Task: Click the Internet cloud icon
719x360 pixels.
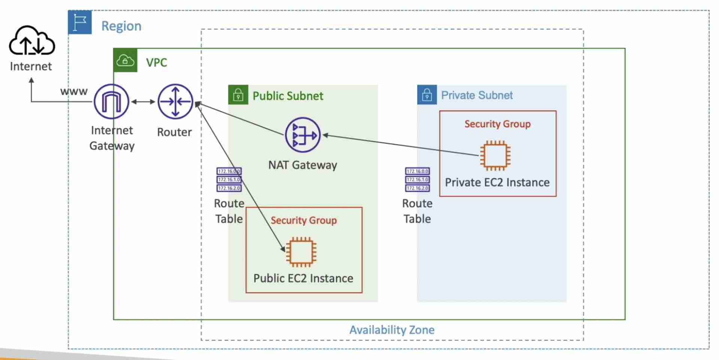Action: click(32, 40)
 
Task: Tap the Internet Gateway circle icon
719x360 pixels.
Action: click(111, 102)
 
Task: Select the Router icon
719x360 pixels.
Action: click(175, 102)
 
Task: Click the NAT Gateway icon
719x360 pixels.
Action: click(303, 135)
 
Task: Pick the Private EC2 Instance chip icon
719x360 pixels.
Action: click(495, 155)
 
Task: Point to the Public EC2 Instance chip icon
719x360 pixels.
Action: click(301, 252)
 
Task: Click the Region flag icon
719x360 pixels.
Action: click(80, 22)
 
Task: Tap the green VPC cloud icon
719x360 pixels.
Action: click(125, 60)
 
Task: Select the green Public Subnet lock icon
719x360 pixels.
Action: click(238, 95)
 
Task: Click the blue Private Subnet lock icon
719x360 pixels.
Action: click(427, 95)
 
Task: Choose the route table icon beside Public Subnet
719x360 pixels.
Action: click(229, 180)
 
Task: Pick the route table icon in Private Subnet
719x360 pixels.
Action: click(417, 180)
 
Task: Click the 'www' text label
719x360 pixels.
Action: click(74, 91)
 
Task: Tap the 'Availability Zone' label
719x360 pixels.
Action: click(392, 330)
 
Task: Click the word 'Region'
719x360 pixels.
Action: click(121, 26)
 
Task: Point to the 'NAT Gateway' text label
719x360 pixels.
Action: click(303, 165)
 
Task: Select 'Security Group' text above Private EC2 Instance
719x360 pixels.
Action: click(497, 124)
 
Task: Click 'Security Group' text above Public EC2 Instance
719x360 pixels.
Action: click(304, 220)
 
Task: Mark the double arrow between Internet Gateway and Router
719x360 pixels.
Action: click(143, 102)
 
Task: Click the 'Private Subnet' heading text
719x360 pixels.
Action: click(477, 95)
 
